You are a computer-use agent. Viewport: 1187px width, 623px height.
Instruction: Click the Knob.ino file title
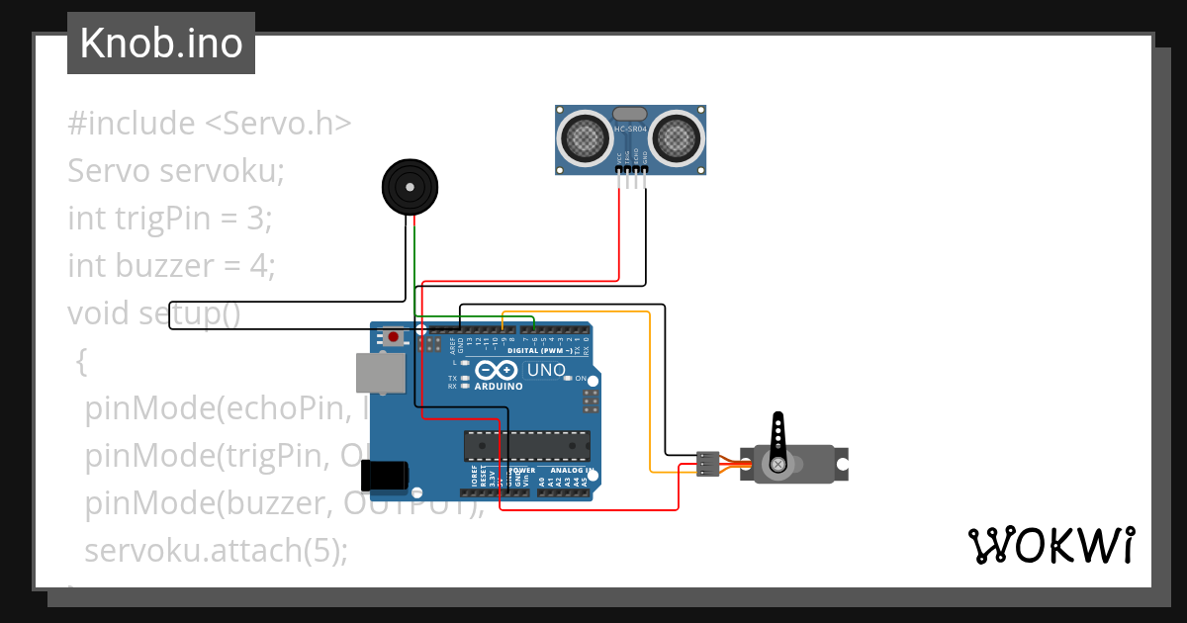(160, 44)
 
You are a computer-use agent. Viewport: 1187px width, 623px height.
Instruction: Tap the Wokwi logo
(1050, 545)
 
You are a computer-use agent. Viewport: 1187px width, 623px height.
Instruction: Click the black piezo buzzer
(410, 186)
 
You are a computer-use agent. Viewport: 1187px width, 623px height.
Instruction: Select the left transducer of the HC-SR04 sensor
(587, 137)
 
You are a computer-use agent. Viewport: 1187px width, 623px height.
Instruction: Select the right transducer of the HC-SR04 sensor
(678, 137)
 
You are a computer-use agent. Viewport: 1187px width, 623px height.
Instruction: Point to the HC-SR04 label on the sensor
(630, 130)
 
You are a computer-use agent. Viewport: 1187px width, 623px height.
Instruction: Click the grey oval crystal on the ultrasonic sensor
(630, 114)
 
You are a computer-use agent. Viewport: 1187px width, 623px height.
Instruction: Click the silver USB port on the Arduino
(381, 372)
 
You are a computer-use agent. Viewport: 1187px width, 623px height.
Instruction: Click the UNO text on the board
(546, 371)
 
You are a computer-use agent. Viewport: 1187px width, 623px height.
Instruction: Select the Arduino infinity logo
(497, 371)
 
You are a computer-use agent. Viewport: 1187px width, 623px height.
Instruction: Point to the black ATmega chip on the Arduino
(527, 446)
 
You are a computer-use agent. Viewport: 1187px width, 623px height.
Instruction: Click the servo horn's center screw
(778, 463)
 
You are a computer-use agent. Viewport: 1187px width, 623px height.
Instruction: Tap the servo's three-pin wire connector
(707, 463)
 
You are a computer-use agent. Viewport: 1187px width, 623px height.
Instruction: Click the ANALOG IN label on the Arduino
(571, 470)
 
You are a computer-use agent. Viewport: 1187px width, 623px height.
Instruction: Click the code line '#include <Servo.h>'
(210, 124)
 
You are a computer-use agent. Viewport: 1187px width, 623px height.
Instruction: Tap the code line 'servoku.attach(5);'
(217, 550)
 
